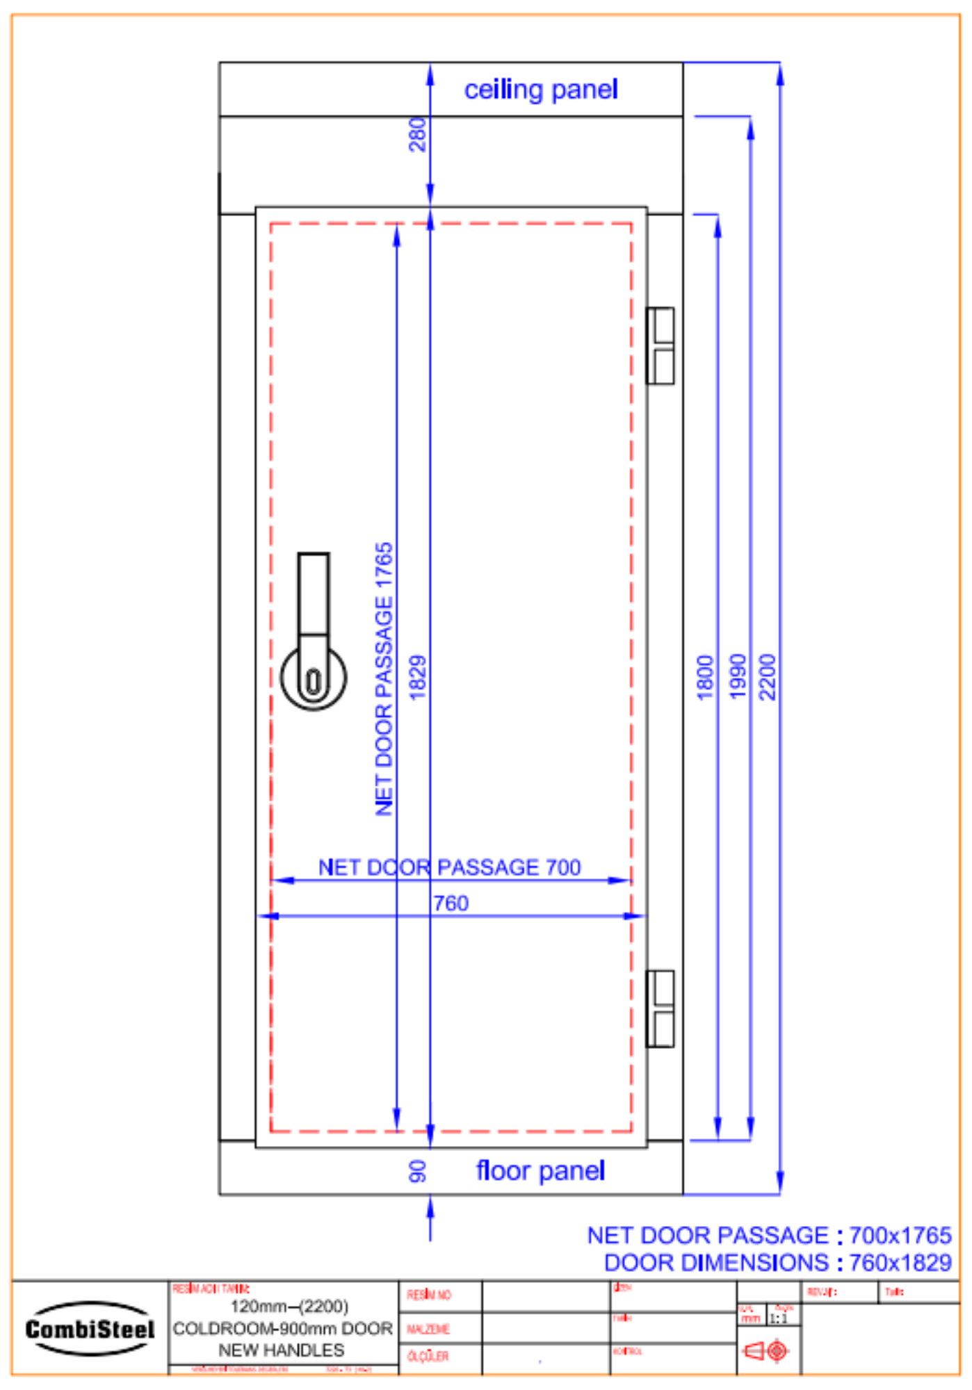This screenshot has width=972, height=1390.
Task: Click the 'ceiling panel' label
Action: pyautogui.click(x=540, y=90)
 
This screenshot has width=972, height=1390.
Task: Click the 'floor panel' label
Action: pyautogui.click(x=540, y=1171)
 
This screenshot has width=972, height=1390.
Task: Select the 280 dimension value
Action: pyautogui.click(x=417, y=134)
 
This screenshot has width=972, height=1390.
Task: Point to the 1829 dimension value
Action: pyautogui.click(x=417, y=677)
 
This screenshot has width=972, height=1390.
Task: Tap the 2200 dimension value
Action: pyautogui.click(x=767, y=677)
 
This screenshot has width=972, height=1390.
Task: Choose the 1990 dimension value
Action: pyautogui.click(x=737, y=677)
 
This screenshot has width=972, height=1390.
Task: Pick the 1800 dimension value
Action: pyautogui.click(x=705, y=677)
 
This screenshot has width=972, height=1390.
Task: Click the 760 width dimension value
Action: pyautogui.click(x=451, y=903)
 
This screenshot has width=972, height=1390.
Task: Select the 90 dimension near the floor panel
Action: pyautogui.click(x=417, y=1172)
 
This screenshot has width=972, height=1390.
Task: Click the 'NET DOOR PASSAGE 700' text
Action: pyautogui.click(x=449, y=867)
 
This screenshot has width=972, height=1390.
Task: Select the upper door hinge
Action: pyautogui.click(x=661, y=345)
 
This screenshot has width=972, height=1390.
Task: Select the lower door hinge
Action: pyautogui.click(x=661, y=1008)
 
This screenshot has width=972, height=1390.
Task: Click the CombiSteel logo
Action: pyautogui.click(x=90, y=1330)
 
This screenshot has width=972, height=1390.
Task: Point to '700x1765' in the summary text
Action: pyautogui.click(x=900, y=1236)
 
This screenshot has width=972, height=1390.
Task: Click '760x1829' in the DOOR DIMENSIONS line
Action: pyautogui.click(x=900, y=1263)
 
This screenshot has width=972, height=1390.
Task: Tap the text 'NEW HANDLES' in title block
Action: pyautogui.click(x=281, y=1350)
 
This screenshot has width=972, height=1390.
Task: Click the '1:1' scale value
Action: pyautogui.click(x=779, y=1318)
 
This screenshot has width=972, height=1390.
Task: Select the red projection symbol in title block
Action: pyautogui.click(x=766, y=1351)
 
